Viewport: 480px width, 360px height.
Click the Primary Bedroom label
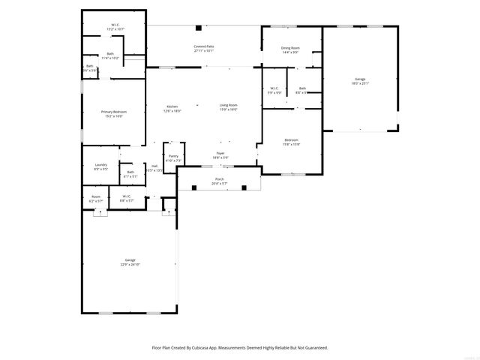pyautogui.click(x=112, y=112)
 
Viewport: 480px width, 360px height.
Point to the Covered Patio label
pyautogui.click(x=204, y=46)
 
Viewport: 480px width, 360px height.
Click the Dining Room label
pyautogui.click(x=290, y=48)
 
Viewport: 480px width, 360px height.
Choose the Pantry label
pyautogui.click(x=173, y=156)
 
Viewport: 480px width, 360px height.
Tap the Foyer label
pyautogui.click(x=220, y=154)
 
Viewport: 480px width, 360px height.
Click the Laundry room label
pyautogui.click(x=100, y=165)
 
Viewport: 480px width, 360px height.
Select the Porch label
pyautogui.click(x=220, y=179)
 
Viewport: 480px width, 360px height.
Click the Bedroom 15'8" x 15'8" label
pyautogui.click(x=291, y=140)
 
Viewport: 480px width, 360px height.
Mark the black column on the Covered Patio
pyautogui.click(x=199, y=28)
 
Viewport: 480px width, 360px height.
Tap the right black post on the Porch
pyautogui.click(x=244, y=187)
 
